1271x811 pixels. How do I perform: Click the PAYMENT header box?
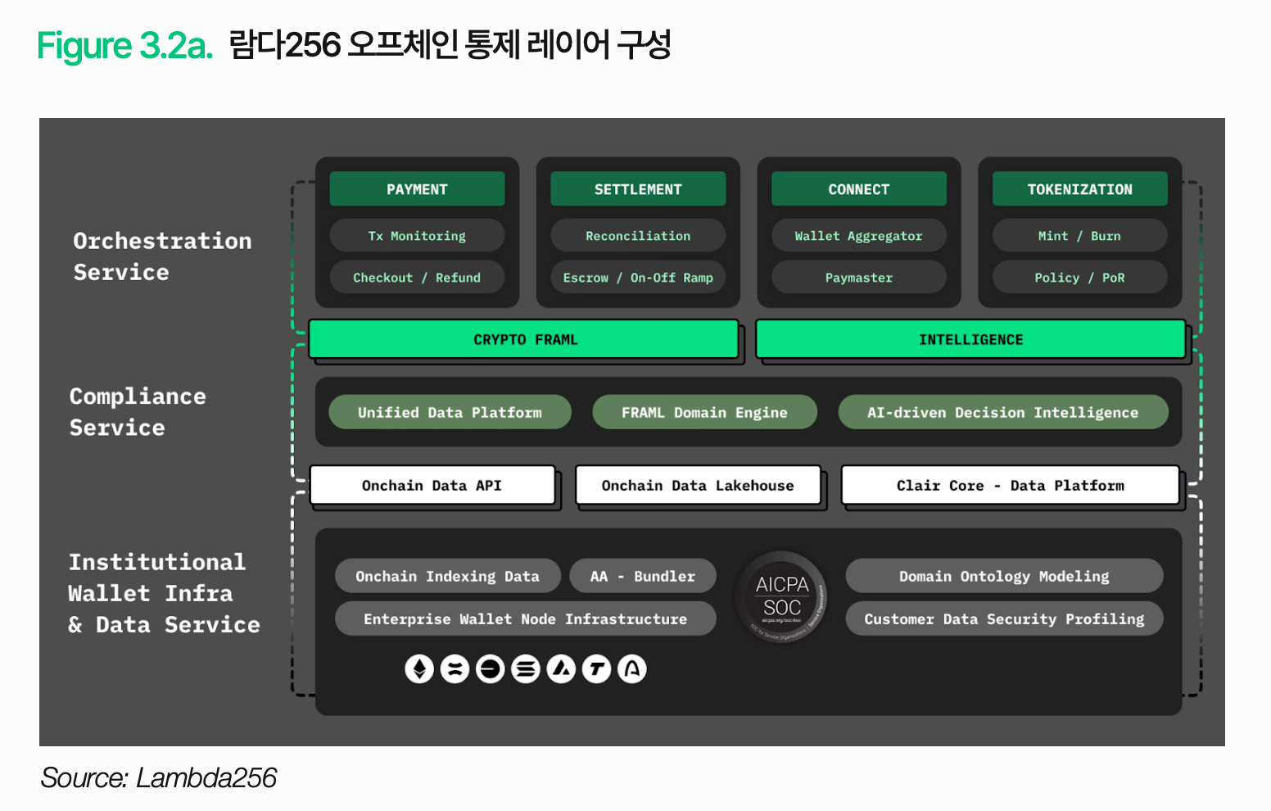coord(417,189)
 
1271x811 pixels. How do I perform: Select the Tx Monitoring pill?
coord(417,236)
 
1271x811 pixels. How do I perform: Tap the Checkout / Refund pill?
coord(417,278)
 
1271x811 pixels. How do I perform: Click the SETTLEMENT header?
coord(638,189)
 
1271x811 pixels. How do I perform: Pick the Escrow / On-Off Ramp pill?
coord(638,278)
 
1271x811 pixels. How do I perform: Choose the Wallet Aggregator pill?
coord(858,236)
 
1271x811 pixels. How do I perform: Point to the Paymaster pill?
coord(858,278)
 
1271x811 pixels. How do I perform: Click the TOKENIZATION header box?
coord(1079,189)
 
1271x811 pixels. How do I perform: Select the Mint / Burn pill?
coord(1079,236)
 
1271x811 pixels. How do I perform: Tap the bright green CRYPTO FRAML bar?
coord(524,339)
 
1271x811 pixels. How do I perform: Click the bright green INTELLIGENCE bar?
coord(970,339)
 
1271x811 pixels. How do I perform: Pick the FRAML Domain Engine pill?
coord(704,412)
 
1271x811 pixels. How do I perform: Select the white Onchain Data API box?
coord(432,486)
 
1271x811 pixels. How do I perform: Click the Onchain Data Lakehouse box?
coord(698,486)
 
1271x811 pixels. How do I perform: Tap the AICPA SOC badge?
coord(782,597)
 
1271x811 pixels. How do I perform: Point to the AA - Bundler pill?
coord(643,576)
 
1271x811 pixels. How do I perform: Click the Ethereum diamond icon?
coord(419,669)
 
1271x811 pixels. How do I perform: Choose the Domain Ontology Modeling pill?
coord(1004,576)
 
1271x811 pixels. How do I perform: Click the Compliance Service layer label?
coord(138,411)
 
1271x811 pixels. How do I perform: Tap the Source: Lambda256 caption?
coord(159,777)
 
